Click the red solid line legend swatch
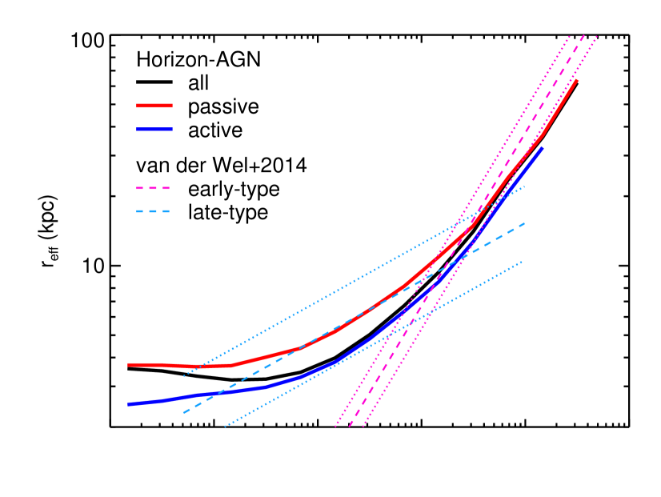tap(154, 106)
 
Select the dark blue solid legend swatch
tap(154, 129)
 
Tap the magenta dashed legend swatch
tap(154, 188)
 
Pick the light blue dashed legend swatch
tap(154, 211)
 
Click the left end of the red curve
tap(128, 365)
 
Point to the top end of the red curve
tap(577, 80)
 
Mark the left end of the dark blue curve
tap(128, 404)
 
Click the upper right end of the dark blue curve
tap(543, 148)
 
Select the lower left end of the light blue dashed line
tap(183, 413)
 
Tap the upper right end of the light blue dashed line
tap(525, 223)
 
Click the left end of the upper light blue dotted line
tap(184, 375)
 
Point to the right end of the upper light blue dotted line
tap(525, 186)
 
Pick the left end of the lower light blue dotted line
tap(225, 426)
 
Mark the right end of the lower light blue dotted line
tap(523, 262)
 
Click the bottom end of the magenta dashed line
tap(349, 427)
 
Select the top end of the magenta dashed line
tap(584, 35)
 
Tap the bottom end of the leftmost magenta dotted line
tap(335, 427)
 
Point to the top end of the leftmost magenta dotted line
tap(570, 35)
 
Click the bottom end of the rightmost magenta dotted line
tap(363, 427)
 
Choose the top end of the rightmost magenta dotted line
tap(598, 35)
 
